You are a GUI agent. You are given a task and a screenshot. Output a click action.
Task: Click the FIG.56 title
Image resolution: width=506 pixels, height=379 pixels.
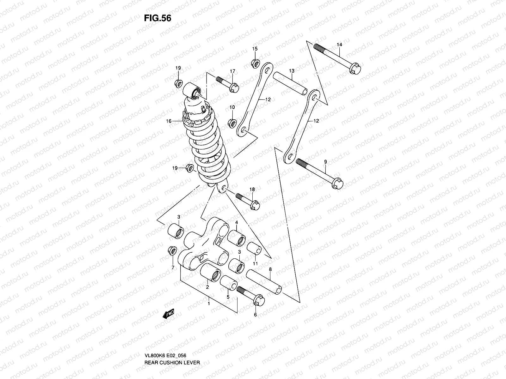point(157,18)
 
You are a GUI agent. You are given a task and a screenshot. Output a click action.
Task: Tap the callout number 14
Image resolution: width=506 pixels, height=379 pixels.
point(339,45)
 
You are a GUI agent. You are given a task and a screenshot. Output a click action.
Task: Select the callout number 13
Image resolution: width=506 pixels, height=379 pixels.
point(292,71)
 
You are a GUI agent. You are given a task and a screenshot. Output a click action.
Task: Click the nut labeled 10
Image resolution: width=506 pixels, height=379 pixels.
point(232,122)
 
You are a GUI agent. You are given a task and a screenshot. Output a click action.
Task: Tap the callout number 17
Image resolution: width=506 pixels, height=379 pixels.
point(232,71)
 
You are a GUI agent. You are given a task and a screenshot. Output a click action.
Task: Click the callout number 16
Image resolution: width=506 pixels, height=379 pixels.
point(169,121)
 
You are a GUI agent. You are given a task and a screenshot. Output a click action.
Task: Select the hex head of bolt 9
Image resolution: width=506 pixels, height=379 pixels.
point(338,184)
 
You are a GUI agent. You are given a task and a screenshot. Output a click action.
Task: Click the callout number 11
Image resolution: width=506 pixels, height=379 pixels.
point(255,263)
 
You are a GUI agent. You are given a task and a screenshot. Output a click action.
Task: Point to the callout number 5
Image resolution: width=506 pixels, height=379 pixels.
point(228,297)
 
